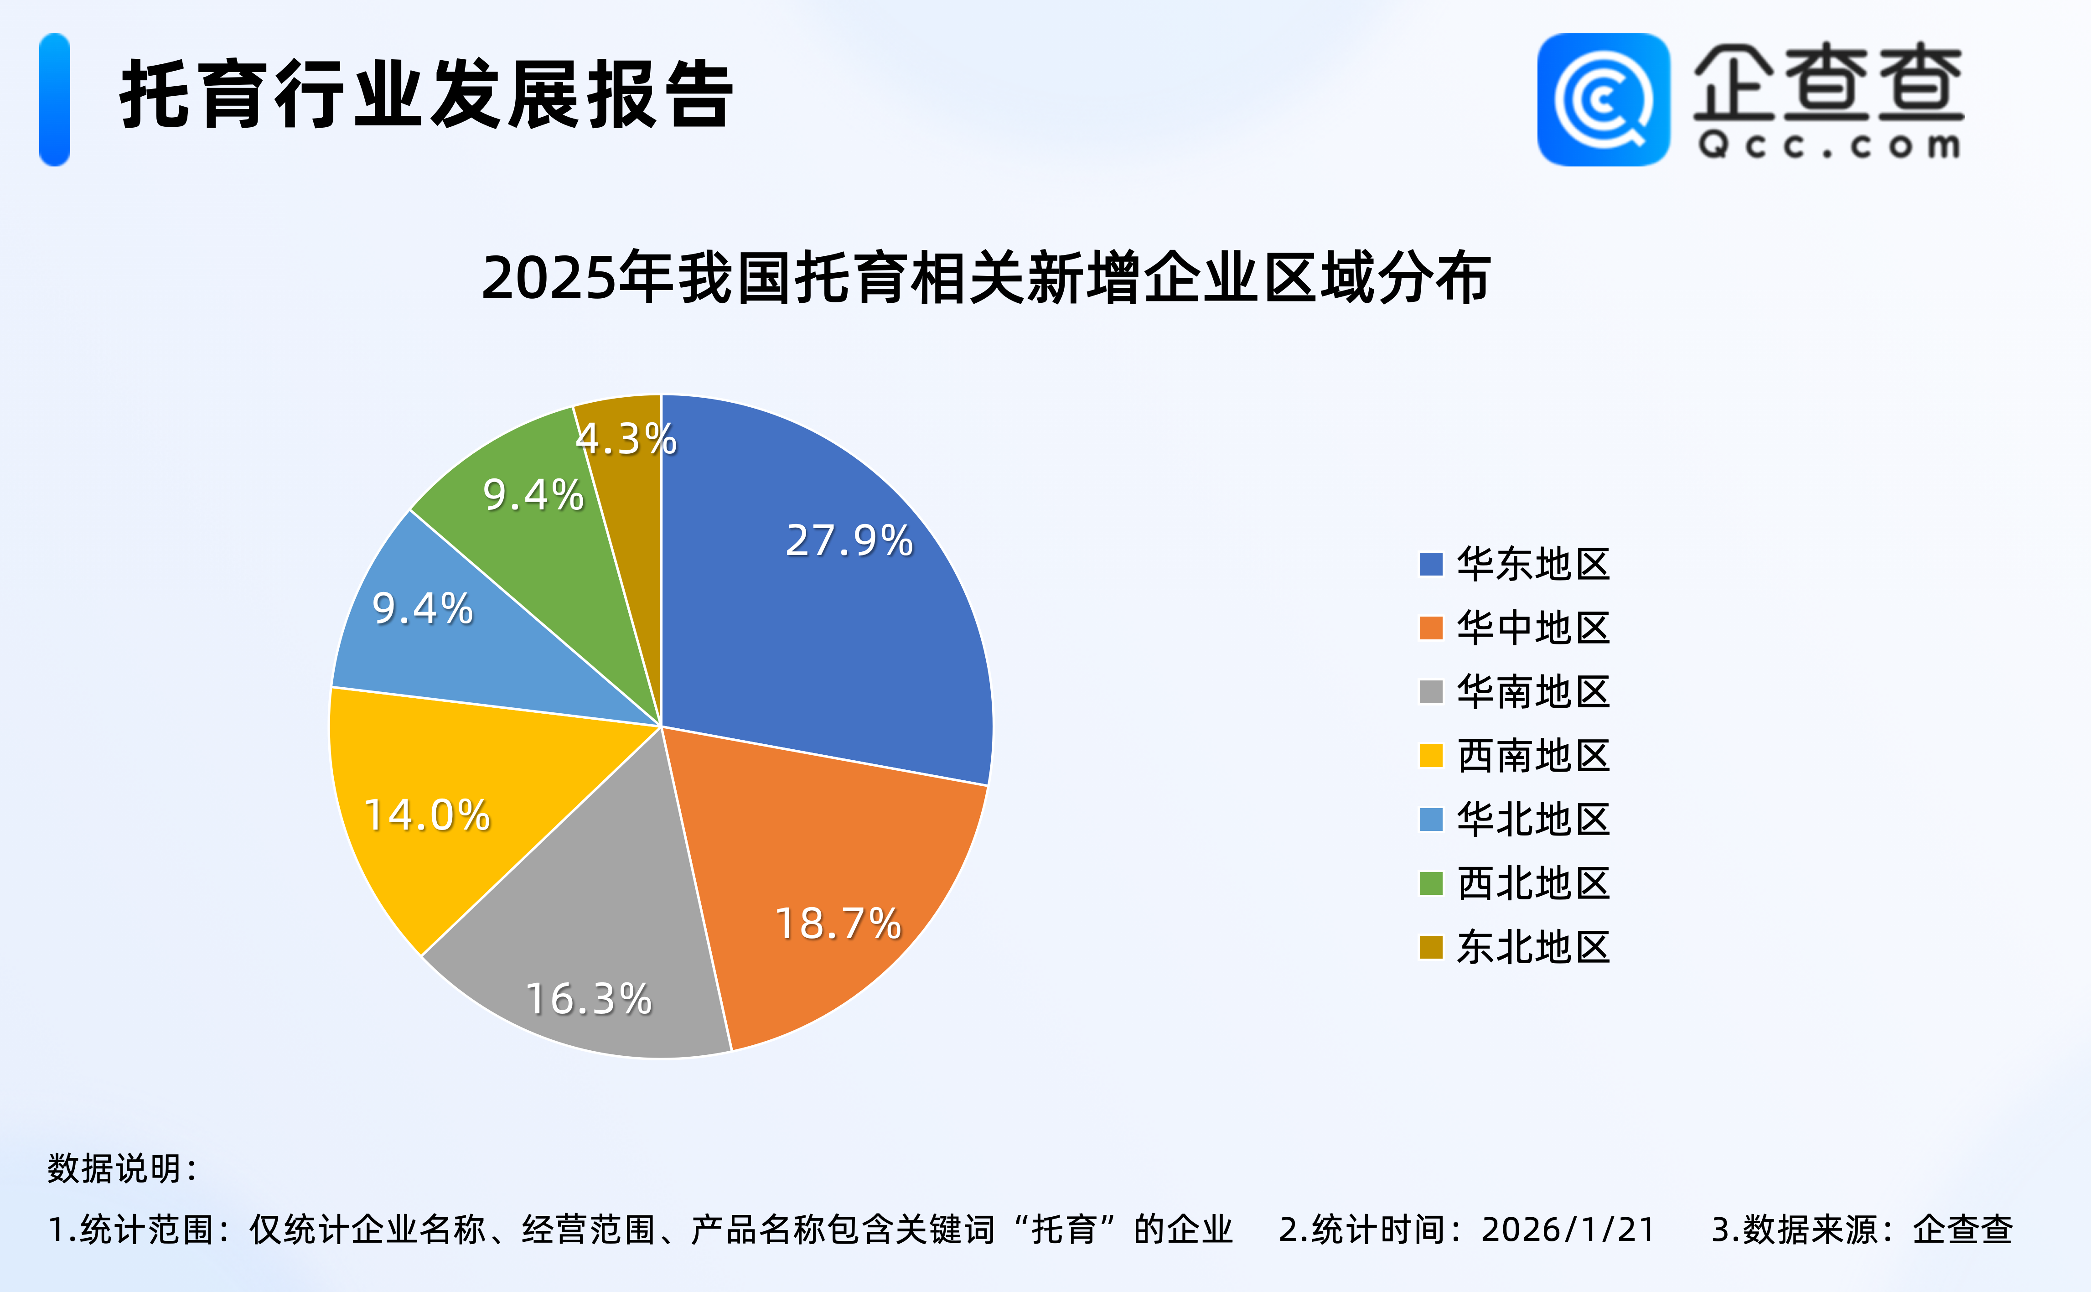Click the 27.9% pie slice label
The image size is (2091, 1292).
click(x=849, y=541)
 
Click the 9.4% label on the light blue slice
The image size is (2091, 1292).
click(x=423, y=608)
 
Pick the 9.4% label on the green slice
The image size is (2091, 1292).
click(x=533, y=495)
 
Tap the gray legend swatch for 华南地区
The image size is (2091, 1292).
click(x=1431, y=692)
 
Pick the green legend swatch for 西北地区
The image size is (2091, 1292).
click(x=1431, y=883)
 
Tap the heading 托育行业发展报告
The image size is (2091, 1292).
click(x=425, y=96)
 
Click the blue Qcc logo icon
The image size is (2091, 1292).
click(x=1603, y=100)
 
